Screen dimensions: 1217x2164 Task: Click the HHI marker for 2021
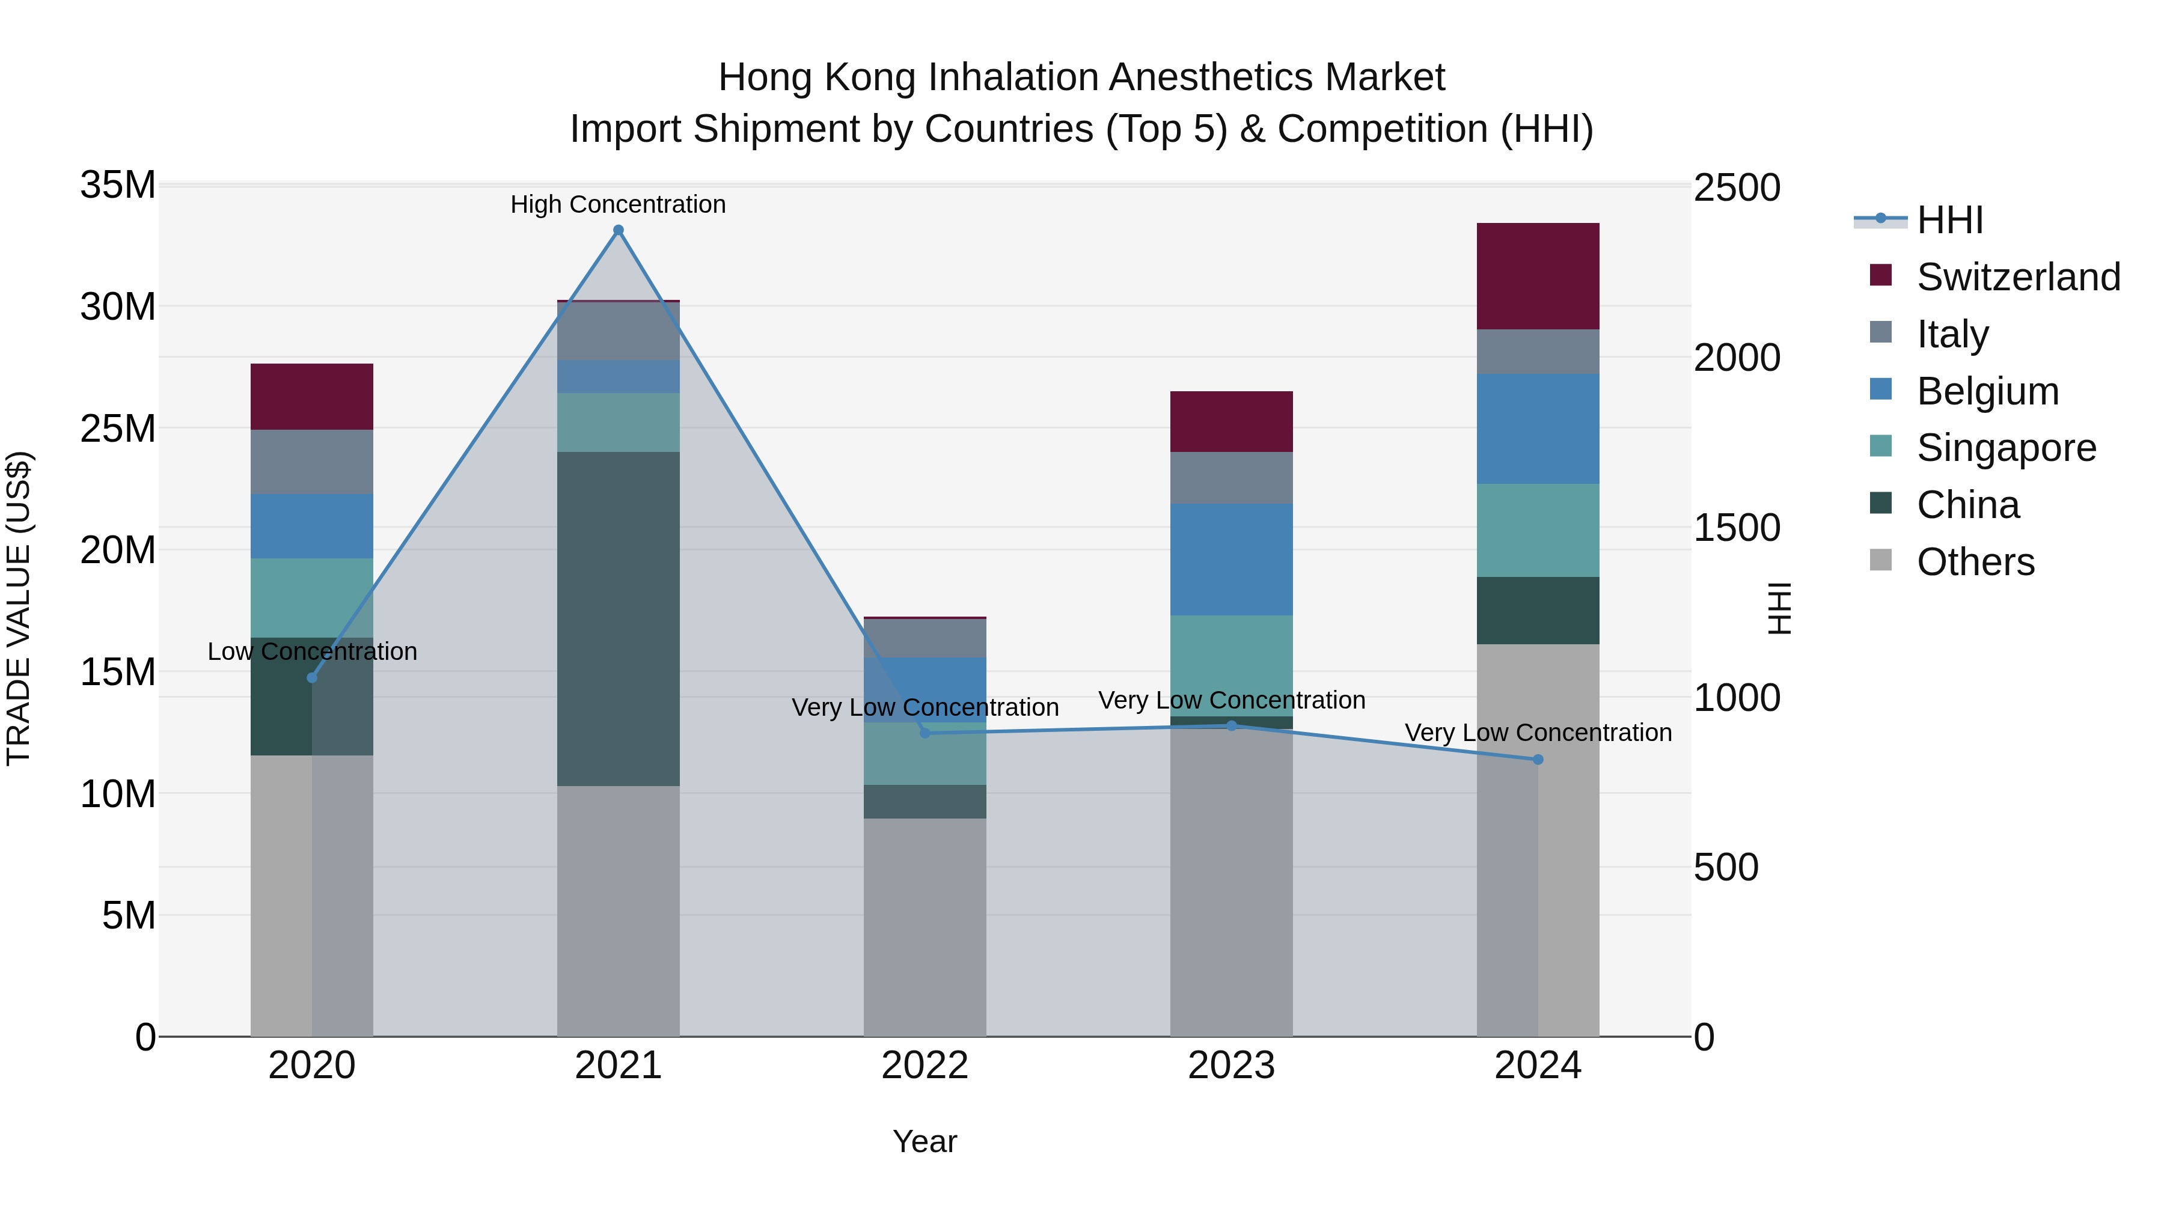point(619,230)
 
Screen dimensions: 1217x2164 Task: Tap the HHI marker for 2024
point(1538,759)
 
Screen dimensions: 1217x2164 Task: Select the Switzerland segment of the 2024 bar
point(1538,276)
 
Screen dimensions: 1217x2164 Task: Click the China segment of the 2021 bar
point(619,619)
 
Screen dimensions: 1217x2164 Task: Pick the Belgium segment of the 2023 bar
point(1232,560)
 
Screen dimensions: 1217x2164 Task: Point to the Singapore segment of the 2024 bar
point(1538,530)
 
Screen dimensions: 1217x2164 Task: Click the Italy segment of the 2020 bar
point(311,462)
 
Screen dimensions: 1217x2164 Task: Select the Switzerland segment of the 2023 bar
point(1232,422)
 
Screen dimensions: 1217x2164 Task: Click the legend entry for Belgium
point(1988,391)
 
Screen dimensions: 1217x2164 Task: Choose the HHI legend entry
point(1949,220)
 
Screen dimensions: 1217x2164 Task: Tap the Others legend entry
point(1975,562)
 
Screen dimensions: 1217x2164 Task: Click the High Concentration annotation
point(619,204)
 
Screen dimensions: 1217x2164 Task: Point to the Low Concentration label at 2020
point(311,651)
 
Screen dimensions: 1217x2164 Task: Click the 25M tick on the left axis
point(118,429)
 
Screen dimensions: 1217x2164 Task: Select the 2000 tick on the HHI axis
point(1735,358)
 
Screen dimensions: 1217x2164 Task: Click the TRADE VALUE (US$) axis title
point(19,608)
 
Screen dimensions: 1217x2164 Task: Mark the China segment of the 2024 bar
point(1538,611)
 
